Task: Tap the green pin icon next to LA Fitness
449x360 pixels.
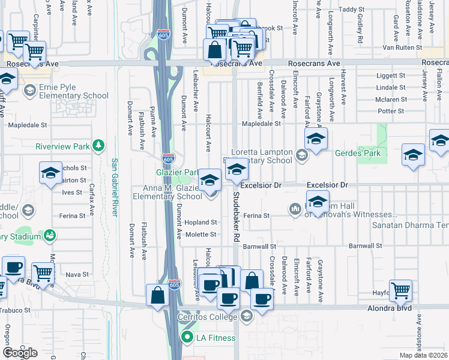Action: pyautogui.click(x=188, y=338)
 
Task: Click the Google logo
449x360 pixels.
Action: pyautogui.click(x=20, y=352)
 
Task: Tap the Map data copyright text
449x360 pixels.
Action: pyautogui.click(x=423, y=355)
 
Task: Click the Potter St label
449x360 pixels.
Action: pyautogui.click(x=391, y=111)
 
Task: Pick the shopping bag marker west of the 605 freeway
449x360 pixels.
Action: pyautogui.click(x=157, y=295)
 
